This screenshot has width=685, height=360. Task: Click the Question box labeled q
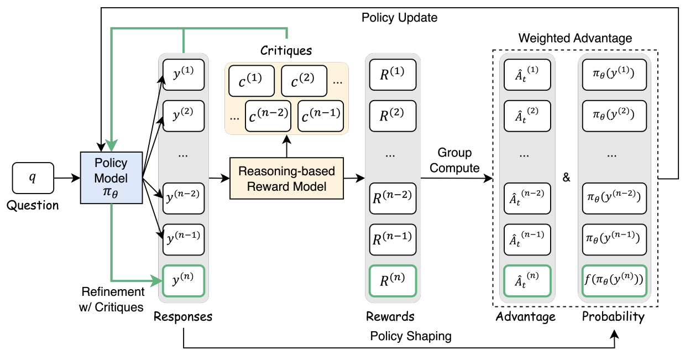pyautogui.click(x=33, y=178)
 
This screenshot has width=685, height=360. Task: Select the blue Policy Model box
pyautogui.click(x=111, y=178)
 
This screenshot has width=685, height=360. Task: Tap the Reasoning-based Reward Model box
pyautogui.click(x=286, y=178)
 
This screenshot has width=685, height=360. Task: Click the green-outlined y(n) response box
pyautogui.click(x=184, y=281)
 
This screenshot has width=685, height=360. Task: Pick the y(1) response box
pyautogui.click(x=184, y=75)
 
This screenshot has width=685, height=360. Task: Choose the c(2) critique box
pyautogui.click(x=304, y=81)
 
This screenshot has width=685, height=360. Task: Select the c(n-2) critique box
pyautogui.click(x=268, y=116)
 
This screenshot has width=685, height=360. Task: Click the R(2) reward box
pyautogui.click(x=393, y=116)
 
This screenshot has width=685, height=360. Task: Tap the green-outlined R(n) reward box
pyautogui.click(x=393, y=281)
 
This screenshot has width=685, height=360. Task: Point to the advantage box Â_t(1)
pyautogui.click(x=527, y=75)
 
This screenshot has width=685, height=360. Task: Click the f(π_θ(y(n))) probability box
pyautogui.click(x=614, y=281)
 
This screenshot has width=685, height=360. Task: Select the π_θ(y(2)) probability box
pyautogui.click(x=614, y=116)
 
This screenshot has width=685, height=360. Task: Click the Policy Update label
pyautogui.click(x=399, y=18)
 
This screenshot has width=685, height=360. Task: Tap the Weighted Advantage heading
pyautogui.click(x=575, y=38)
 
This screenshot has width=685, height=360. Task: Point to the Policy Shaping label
pyautogui.click(x=411, y=336)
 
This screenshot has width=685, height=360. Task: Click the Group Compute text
pyautogui.click(x=454, y=160)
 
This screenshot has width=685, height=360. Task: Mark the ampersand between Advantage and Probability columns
pyautogui.click(x=566, y=178)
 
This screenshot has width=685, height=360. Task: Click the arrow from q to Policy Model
pyautogui.click(x=67, y=178)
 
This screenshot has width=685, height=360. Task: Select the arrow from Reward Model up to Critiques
pyautogui.click(x=286, y=146)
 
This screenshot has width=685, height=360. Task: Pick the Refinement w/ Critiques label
pyautogui.click(x=112, y=299)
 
